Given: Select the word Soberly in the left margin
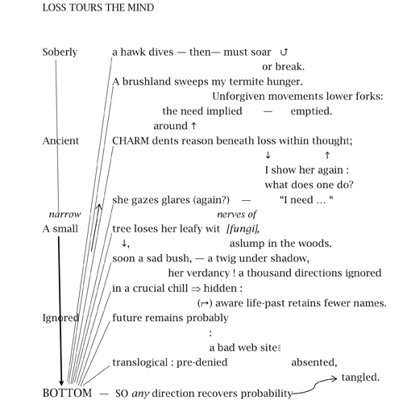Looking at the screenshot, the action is tap(60, 52).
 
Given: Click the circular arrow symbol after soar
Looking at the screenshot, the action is tap(284, 52).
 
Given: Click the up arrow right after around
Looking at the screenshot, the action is tap(193, 126).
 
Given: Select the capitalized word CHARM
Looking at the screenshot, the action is tap(131, 140).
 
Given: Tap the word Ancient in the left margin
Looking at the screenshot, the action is tap(60, 140).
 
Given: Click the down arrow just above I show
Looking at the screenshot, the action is tap(268, 155).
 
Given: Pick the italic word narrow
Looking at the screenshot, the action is tap(64, 215).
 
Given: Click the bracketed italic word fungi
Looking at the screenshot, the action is tap(243, 229).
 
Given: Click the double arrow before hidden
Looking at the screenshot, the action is tap(196, 289).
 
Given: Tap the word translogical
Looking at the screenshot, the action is tap(140, 363).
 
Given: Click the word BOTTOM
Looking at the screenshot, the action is tap(67, 393).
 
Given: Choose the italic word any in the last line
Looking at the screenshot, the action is tap(140, 394).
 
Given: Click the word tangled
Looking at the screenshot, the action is tap(360, 377).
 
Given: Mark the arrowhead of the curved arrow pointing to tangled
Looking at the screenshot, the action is tap(334, 378).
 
